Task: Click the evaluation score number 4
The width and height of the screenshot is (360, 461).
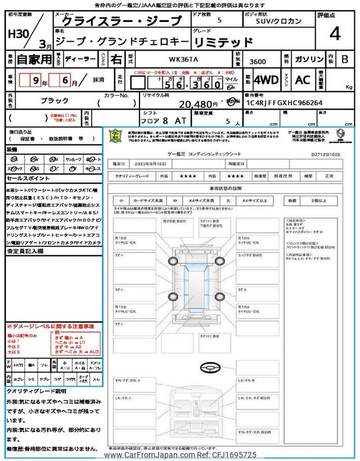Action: pos(335,34)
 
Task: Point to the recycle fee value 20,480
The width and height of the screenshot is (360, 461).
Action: pos(197,104)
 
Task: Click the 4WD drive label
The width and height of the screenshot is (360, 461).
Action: pos(265,80)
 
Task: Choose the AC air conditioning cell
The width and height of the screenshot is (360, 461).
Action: pos(303,80)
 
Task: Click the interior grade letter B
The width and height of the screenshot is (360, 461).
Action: pos(345,58)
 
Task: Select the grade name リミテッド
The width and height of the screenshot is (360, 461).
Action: pos(223,41)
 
